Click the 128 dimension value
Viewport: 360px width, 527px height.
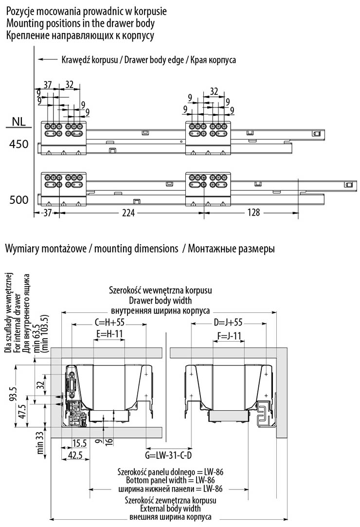(253, 213)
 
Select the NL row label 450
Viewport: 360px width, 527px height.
(18, 145)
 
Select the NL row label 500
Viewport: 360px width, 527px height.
(18, 200)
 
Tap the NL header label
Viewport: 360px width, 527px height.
(18, 121)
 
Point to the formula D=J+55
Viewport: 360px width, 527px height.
(228, 322)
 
